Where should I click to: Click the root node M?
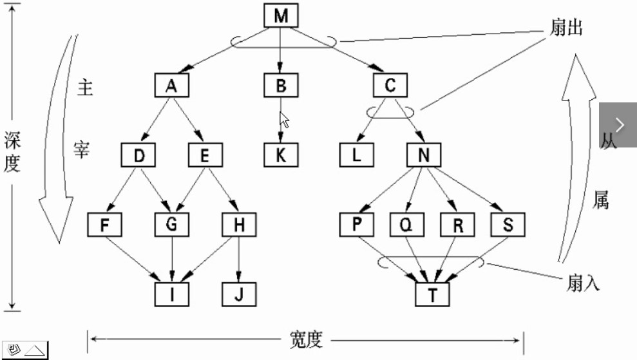pos(281,16)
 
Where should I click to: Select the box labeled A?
pos(171,86)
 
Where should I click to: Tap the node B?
pos(280,86)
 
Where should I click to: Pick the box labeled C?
pos(390,86)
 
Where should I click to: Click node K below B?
pos(280,155)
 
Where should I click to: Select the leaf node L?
pos(357,155)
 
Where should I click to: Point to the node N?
pos(423,155)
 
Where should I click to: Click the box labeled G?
pos(171,225)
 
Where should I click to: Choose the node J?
pos(239,294)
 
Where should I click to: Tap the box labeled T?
pos(432,294)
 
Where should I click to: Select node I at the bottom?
pos(171,294)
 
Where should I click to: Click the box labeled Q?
pos(407,225)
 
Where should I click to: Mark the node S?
pos(508,225)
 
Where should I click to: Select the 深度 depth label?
pos(12,153)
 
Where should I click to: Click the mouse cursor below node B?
pos(283,120)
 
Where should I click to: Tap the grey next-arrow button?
pos(618,124)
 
